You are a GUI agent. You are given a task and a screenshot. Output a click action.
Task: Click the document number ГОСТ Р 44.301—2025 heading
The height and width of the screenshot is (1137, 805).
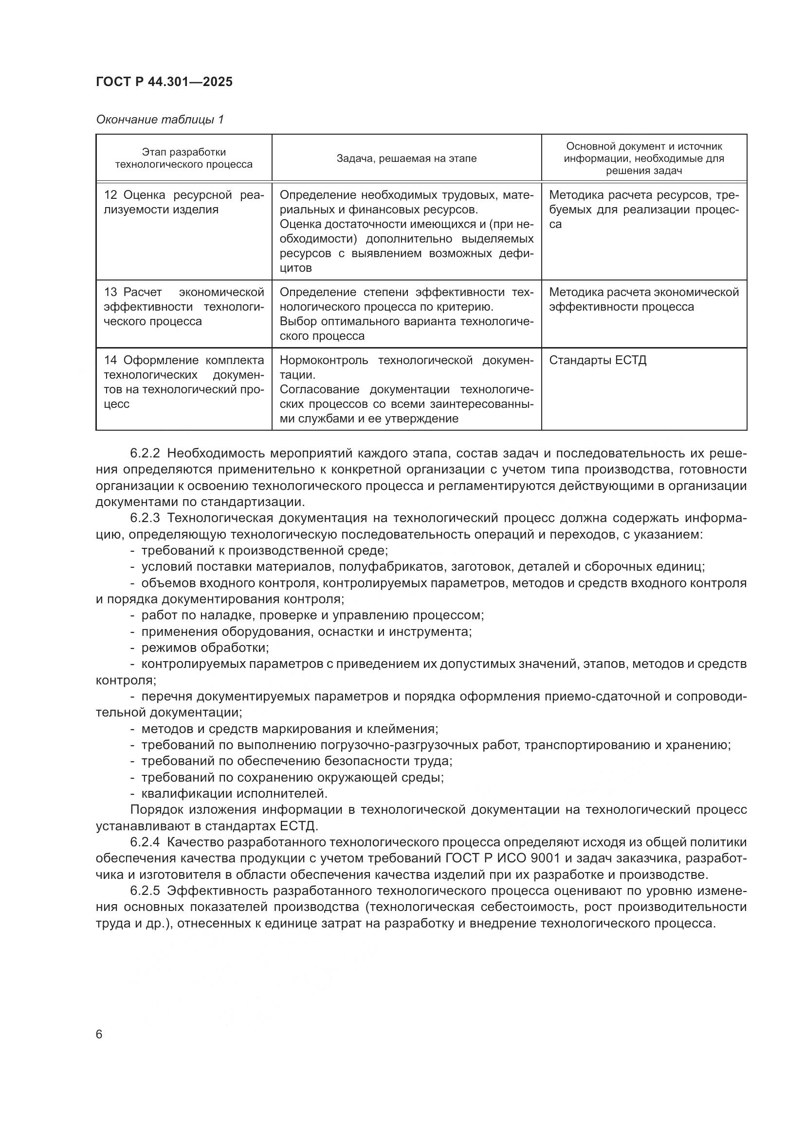[x=164, y=82]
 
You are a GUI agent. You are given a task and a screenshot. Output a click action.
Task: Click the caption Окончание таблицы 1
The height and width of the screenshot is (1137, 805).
[x=160, y=120]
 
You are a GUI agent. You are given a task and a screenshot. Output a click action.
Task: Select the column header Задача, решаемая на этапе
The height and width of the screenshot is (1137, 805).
[x=406, y=158]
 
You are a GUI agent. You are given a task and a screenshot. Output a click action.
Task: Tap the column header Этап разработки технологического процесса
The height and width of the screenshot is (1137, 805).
[x=183, y=158]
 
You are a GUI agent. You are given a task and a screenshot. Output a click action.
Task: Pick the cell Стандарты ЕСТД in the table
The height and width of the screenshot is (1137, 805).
[x=597, y=360]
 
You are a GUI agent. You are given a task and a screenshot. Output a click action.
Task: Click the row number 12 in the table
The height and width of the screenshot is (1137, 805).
[x=110, y=195]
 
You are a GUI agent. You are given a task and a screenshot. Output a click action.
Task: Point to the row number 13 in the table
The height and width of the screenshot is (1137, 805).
[x=110, y=292]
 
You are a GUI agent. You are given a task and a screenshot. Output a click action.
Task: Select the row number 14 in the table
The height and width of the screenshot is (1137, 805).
[x=110, y=360]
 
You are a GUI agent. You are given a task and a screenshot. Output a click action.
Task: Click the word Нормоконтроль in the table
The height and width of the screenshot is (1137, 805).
[x=324, y=360]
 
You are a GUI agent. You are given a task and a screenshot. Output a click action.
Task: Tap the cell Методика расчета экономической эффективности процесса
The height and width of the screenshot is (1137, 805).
[x=643, y=299]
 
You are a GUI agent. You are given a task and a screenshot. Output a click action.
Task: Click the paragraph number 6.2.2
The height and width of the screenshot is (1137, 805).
[x=145, y=453]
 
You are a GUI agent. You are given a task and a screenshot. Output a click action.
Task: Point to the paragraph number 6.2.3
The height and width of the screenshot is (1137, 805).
[x=145, y=518]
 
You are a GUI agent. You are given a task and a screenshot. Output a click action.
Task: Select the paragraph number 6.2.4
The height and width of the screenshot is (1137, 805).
[x=145, y=842]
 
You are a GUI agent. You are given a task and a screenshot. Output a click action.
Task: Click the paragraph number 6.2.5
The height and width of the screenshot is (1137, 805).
[x=145, y=891]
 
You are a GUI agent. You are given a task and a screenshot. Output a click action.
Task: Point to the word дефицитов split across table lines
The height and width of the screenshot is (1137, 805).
[x=515, y=254]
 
